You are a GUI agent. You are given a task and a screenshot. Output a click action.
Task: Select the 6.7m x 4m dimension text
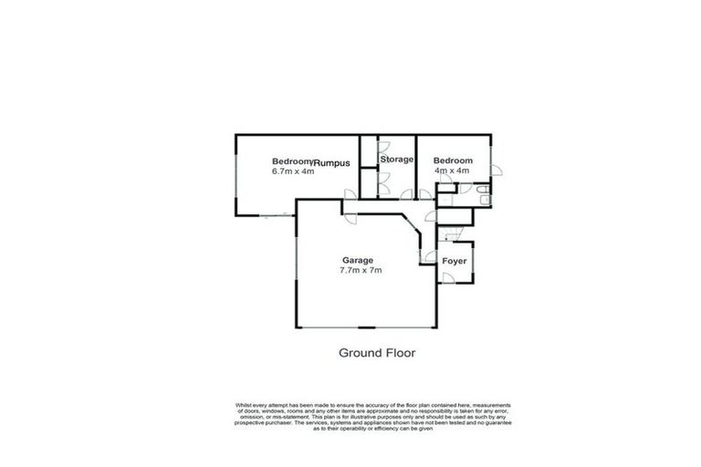point(293,171)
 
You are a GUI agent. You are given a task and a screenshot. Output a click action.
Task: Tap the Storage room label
point(397,160)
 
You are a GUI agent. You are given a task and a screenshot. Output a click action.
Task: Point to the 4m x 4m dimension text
point(452,171)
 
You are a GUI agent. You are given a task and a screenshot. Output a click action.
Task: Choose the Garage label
point(357,260)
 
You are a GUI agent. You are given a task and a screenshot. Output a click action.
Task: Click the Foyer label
point(455,262)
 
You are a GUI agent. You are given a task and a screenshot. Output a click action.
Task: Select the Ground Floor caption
point(377,352)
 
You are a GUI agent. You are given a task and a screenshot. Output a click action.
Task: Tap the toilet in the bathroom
point(486,200)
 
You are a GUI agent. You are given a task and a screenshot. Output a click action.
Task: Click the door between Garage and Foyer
point(427,258)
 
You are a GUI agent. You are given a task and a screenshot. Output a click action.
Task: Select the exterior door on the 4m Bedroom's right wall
point(494,171)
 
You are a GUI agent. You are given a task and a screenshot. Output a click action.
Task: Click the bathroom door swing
point(465,189)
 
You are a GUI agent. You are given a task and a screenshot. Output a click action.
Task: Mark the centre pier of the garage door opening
point(365,327)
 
